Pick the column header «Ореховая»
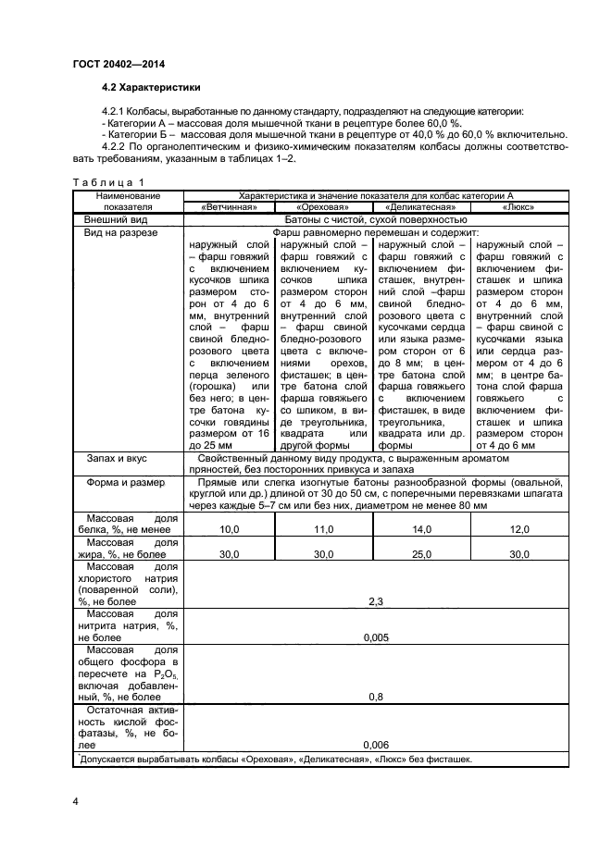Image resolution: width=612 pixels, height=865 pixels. (x=322, y=208)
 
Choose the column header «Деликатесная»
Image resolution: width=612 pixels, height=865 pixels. (x=421, y=208)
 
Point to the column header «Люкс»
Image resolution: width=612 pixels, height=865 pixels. (x=520, y=208)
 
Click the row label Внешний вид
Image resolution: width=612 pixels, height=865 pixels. (x=117, y=220)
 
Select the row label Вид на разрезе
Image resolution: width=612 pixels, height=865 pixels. (x=121, y=233)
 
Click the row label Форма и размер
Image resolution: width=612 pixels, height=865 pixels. (x=126, y=482)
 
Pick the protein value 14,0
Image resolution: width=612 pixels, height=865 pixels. (x=421, y=529)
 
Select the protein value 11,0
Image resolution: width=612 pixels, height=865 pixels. (x=322, y=529)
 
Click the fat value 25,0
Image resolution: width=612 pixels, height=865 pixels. (x=421, y=554)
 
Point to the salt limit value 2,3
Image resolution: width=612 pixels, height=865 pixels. (x=375, y=601)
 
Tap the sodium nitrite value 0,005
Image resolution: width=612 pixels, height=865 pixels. (x=375, y=638)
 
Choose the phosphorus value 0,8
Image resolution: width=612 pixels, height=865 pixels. (x=375, y=697)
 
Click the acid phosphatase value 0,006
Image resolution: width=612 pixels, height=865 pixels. (x=375, y=745)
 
